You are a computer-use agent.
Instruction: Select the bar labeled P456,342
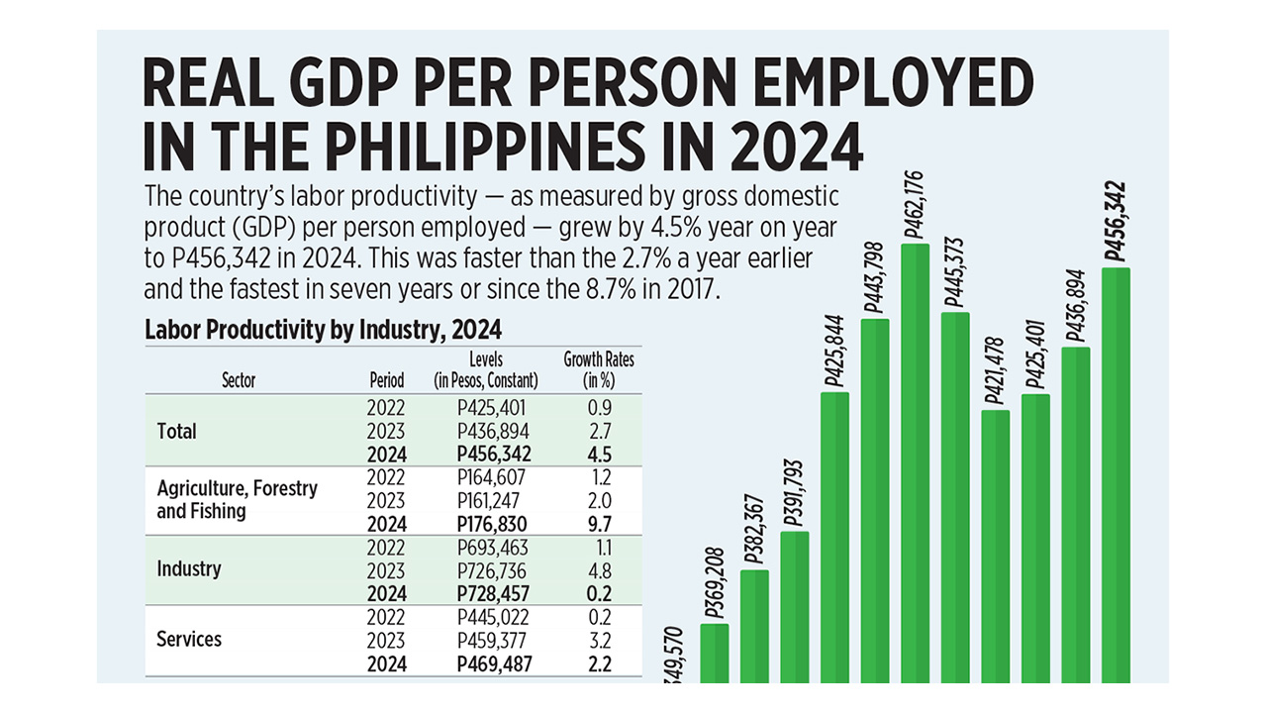click(x=1116, y=475)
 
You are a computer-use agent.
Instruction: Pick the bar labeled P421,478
click(x=996, y=546)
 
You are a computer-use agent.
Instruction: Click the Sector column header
click(x=238, y=380)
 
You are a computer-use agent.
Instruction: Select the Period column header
click(x=386, y=380)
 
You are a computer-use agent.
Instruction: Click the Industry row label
click(x=189, y=569)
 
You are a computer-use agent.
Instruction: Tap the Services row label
click(x=188, y=639)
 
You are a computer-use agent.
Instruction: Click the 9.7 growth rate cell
click(x=598, y=524)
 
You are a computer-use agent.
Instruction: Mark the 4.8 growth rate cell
click(x=598, y=570)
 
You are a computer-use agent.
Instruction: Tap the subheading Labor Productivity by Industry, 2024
click(x=323, y=329)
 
